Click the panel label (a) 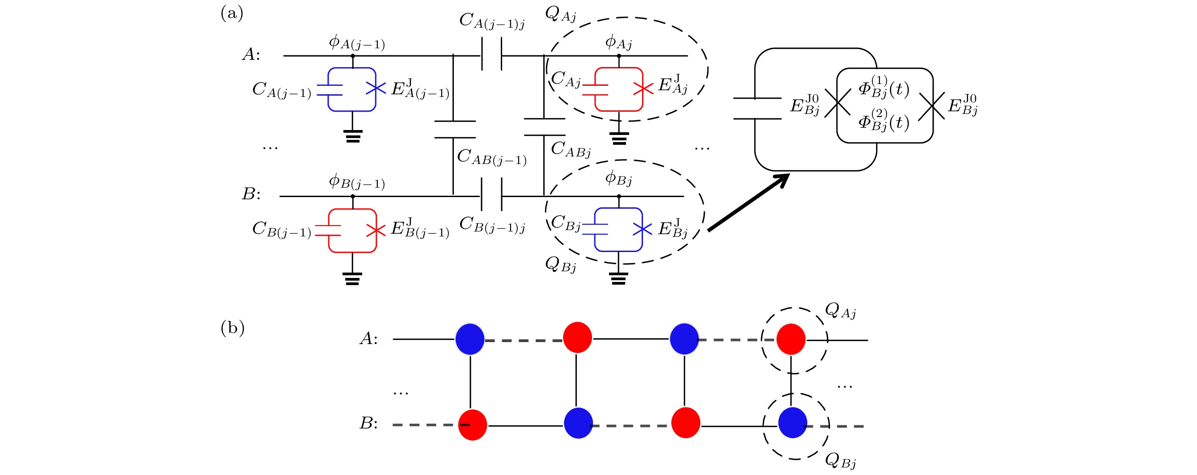(232, 13)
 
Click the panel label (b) (233, 328)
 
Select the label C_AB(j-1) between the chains (491, 157)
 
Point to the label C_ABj (571, 150)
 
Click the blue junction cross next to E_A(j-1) (376, 88)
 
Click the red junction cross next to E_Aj (643, 88)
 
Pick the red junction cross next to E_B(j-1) (376, 230)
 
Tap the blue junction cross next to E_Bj (643, 229)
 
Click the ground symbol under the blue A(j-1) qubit (353, 136)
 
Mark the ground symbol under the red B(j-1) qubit (352, 278)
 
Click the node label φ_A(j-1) (356, 43)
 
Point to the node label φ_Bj (618, 178)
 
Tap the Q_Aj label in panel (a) (560, 15)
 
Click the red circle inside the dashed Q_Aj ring (791, 340)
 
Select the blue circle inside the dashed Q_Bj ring (793, 423)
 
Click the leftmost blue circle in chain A (470, 340)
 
